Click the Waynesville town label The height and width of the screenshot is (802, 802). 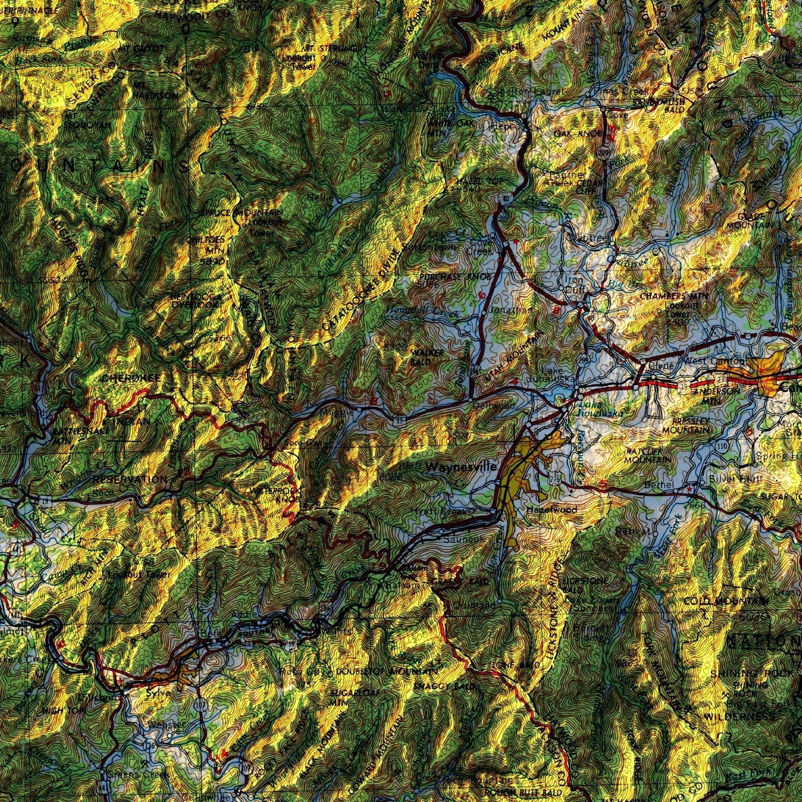pyautogui.click(x=461, y=467)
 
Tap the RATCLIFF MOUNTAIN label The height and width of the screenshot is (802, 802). pyautogui.click(x=648, y=455)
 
